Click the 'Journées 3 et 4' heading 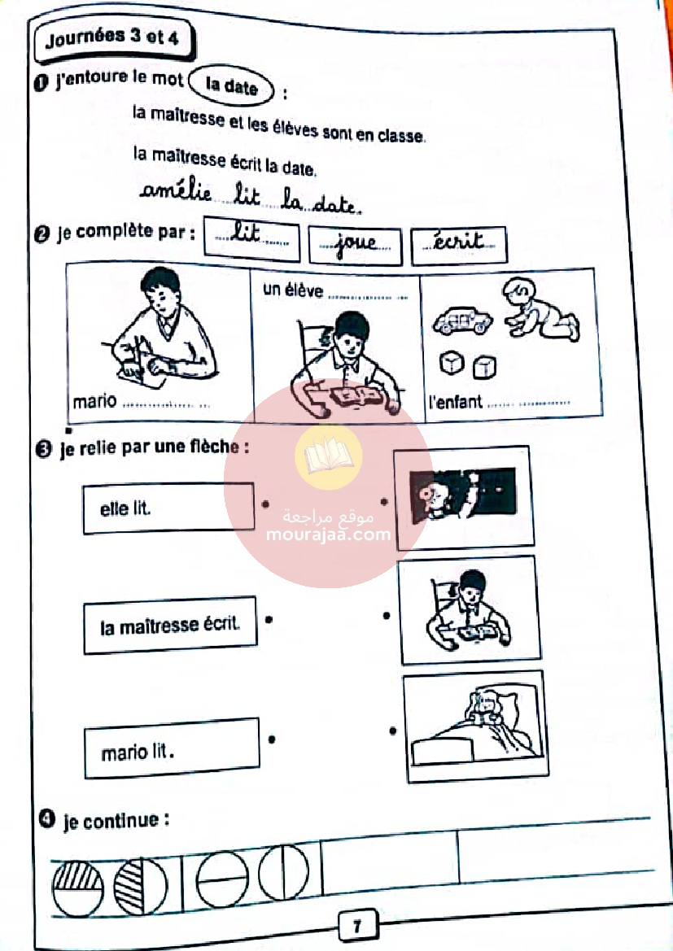coord(113,39)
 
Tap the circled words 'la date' coord(231,86)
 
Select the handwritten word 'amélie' coord(176,193)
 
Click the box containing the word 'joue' coord(355,245)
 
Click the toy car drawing coord(462,321)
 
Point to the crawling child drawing coord(540,308)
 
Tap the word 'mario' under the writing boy coord(95,402)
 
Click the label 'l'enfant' coord(454,402)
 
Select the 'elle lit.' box coord(168,508)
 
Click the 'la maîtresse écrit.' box coord(169,626)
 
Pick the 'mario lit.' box coord(172,749)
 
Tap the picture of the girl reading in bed coord(474,723)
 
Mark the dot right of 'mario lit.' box coord(272,739)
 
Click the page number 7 coord(357,926)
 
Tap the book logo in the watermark coord(328,458)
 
